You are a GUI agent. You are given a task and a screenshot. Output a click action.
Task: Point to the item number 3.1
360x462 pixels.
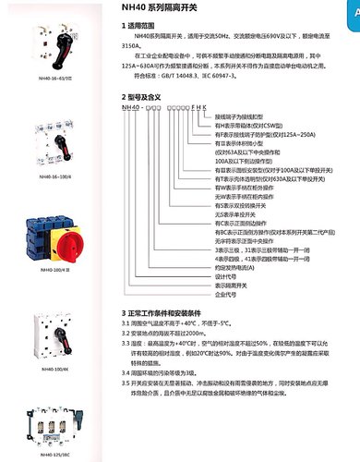(126, 325)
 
